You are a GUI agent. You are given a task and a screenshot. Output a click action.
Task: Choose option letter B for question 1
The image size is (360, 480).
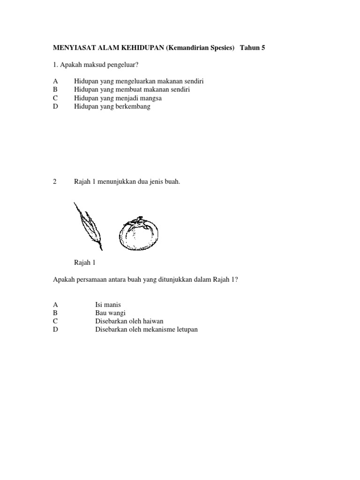click(x=55, y=89)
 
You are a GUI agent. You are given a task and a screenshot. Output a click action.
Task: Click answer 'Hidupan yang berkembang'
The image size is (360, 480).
click(x=112, y=106)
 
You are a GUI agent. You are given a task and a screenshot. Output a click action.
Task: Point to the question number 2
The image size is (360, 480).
click(x=55, y=182)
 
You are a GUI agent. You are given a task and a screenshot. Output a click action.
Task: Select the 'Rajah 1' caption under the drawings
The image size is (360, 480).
click(x=84, y=262)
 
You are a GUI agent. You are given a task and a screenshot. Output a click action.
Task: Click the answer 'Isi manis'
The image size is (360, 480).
click(x=107, y=304)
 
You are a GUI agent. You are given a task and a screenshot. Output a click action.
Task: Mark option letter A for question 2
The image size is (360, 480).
click(x=55, y=304)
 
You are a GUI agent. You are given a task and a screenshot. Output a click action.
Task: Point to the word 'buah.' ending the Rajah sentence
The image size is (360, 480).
click(x=172, y=182)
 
